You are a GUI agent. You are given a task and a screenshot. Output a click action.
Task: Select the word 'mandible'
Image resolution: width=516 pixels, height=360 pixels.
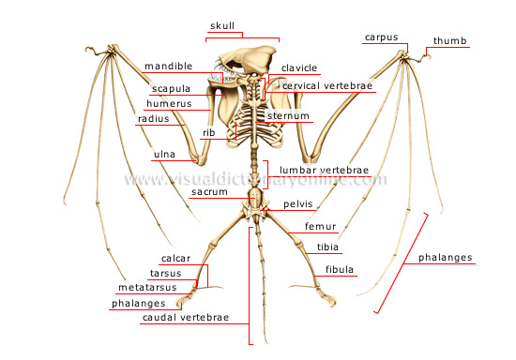pos(169,67)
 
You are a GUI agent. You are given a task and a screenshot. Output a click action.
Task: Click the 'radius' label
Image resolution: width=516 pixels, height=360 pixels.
pos(153,119)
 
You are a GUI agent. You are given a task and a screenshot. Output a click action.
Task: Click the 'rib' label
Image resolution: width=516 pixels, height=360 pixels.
pos(208,133)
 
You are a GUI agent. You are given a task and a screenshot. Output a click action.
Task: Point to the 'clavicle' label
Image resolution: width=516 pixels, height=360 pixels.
pos(299,67)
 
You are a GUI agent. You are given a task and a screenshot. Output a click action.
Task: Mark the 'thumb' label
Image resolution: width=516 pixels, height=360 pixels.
pos(449,41)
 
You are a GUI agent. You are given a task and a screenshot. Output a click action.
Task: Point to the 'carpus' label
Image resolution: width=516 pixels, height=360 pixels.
pos(381,37)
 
